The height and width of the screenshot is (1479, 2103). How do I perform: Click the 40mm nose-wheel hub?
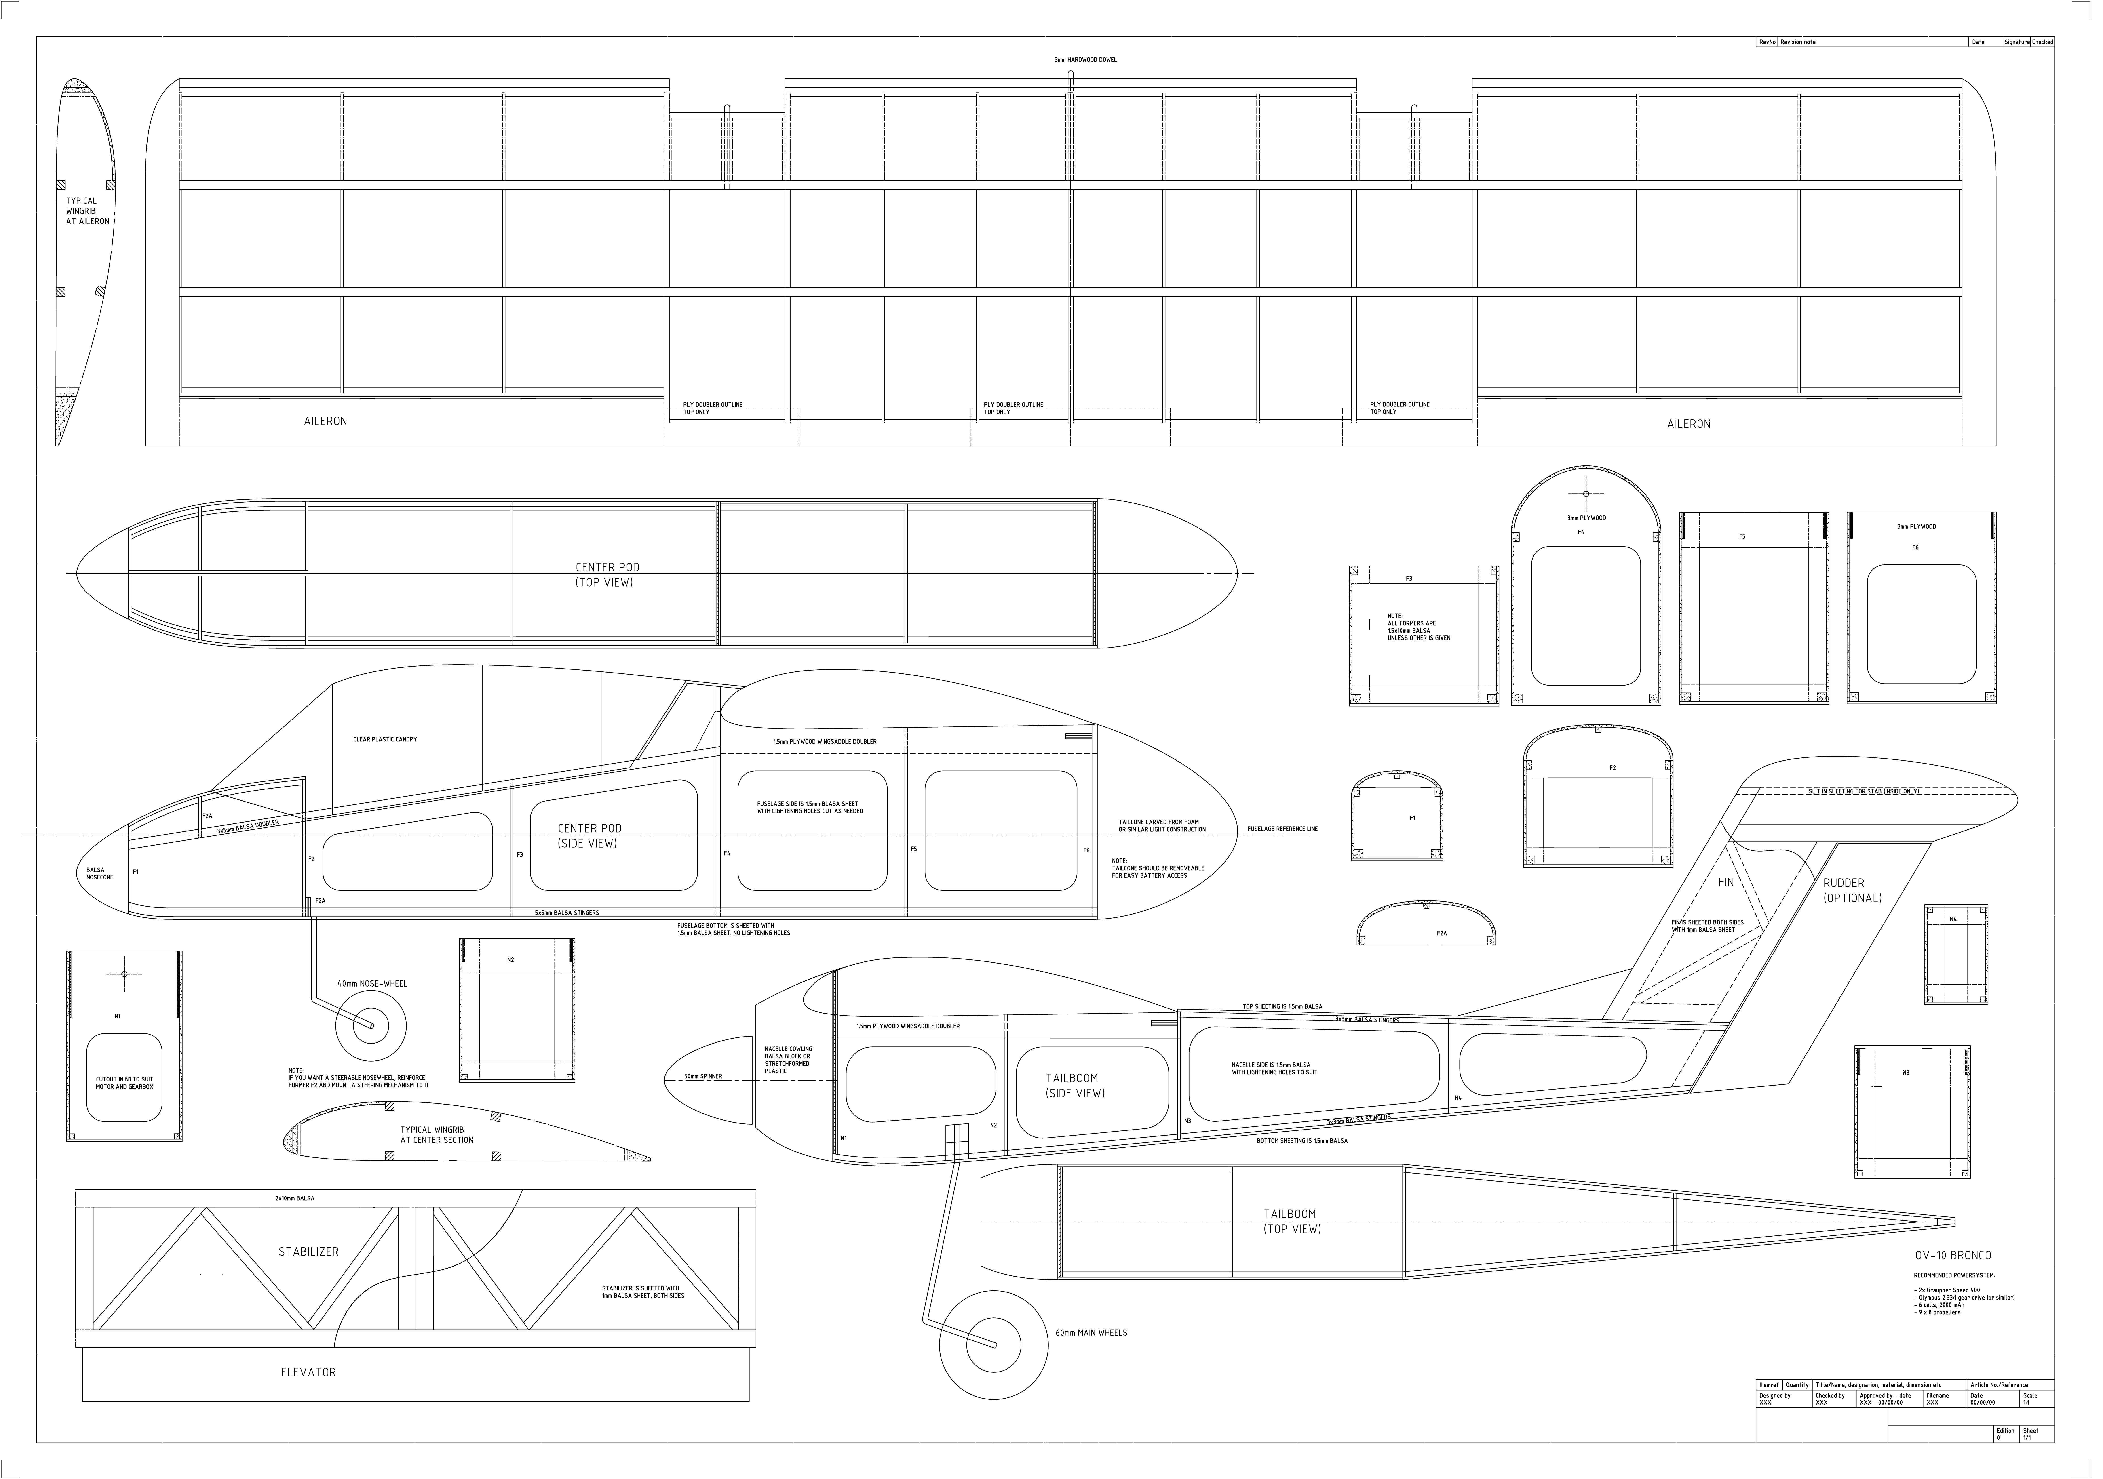(371, 1025)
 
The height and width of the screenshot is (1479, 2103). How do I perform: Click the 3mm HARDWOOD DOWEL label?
(1085, 59)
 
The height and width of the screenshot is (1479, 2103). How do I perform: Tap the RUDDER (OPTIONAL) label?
(1852, 890)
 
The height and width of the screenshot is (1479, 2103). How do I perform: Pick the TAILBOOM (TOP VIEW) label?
(1291, 1221)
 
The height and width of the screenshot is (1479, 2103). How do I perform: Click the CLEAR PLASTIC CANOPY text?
(385, 739)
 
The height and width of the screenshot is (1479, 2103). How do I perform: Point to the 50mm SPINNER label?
(702, 1076)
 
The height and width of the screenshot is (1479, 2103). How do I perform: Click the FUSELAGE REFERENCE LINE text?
(1282, 829)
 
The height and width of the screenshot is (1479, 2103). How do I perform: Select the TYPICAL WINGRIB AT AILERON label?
(87, 211)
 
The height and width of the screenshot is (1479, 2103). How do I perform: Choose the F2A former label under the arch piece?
(1442, 933)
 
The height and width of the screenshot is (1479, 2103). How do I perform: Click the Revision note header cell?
(1797, 42)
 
